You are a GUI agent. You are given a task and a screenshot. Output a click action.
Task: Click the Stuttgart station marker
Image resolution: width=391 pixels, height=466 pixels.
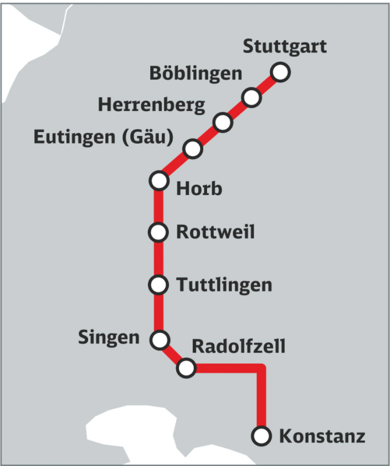pos(280,72)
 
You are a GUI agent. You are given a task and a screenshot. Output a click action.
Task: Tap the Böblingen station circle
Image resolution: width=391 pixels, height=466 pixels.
pos(251,98)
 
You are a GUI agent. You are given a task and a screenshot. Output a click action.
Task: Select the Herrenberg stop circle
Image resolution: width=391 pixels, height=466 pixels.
pos(223,122)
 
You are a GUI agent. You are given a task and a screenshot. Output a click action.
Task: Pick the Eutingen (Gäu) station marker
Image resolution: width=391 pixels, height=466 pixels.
pos(193,148)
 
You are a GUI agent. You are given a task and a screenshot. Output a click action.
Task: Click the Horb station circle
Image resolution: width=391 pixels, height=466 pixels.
pos(159,180)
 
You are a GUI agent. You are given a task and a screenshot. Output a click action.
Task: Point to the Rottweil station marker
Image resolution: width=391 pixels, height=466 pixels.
pos(159,232)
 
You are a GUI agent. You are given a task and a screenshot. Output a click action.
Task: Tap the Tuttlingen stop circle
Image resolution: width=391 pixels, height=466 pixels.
pos(159,285)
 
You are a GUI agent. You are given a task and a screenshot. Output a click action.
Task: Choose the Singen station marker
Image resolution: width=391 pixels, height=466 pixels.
pos(160,339)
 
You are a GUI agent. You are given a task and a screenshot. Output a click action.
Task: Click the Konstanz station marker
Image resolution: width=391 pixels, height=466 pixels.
pos(261,436)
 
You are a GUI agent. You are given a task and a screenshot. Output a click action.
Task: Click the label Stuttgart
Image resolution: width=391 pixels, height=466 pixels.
pos(285,46)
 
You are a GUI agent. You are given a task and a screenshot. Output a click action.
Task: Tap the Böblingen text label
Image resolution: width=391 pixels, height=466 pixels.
pos(196,74)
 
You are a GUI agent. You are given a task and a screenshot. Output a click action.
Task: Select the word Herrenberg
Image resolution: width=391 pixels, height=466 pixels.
pos(151,105)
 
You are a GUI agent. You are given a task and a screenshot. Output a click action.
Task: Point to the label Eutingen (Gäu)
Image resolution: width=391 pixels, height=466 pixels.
pos(104,137)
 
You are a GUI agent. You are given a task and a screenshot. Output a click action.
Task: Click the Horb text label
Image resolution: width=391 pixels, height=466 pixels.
pos(199,189)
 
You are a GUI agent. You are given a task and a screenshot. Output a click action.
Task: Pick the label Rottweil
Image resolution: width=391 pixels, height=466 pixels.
pos(215,232)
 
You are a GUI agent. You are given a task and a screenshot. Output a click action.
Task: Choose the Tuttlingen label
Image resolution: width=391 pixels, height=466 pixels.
pos(224,285)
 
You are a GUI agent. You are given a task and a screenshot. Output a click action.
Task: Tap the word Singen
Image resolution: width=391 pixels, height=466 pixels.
pos(109,337)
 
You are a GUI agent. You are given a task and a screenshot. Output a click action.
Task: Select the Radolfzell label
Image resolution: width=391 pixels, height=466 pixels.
pos(238,347)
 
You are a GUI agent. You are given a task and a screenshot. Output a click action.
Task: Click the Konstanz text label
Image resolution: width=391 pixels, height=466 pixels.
pos(322,437)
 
